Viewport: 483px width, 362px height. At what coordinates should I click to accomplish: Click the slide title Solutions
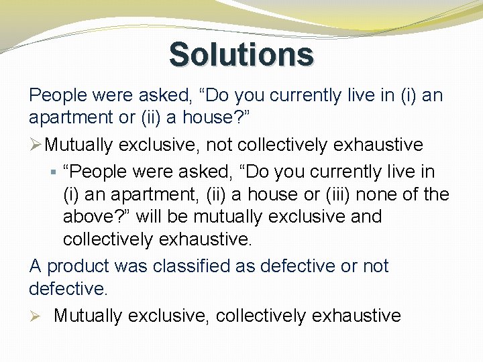pos(241,54)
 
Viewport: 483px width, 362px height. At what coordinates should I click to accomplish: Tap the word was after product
pos(132,266)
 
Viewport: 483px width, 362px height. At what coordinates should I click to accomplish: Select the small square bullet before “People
pos(54,172)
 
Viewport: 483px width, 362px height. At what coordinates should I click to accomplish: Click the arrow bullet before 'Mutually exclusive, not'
pos(36,145)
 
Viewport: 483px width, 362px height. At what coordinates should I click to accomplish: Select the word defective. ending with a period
pos(68,289)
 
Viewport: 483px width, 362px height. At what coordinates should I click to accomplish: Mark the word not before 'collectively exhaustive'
pos(221,145)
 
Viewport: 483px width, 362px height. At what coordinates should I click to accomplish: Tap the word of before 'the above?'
pos(413,194)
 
